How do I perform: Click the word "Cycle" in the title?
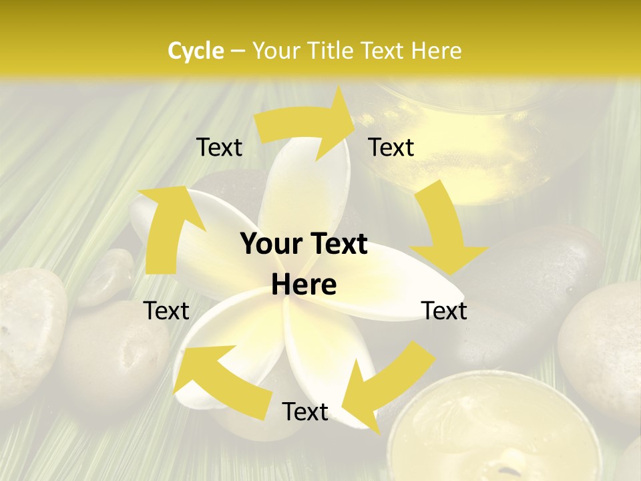196,50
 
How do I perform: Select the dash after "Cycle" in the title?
238,51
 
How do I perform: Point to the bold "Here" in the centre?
304,285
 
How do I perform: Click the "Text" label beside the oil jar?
391,147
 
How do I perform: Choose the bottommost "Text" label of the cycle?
305,412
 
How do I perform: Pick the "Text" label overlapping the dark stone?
445,311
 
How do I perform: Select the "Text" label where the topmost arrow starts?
219,147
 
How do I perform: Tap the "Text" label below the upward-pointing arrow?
166,311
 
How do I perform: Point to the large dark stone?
534,281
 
